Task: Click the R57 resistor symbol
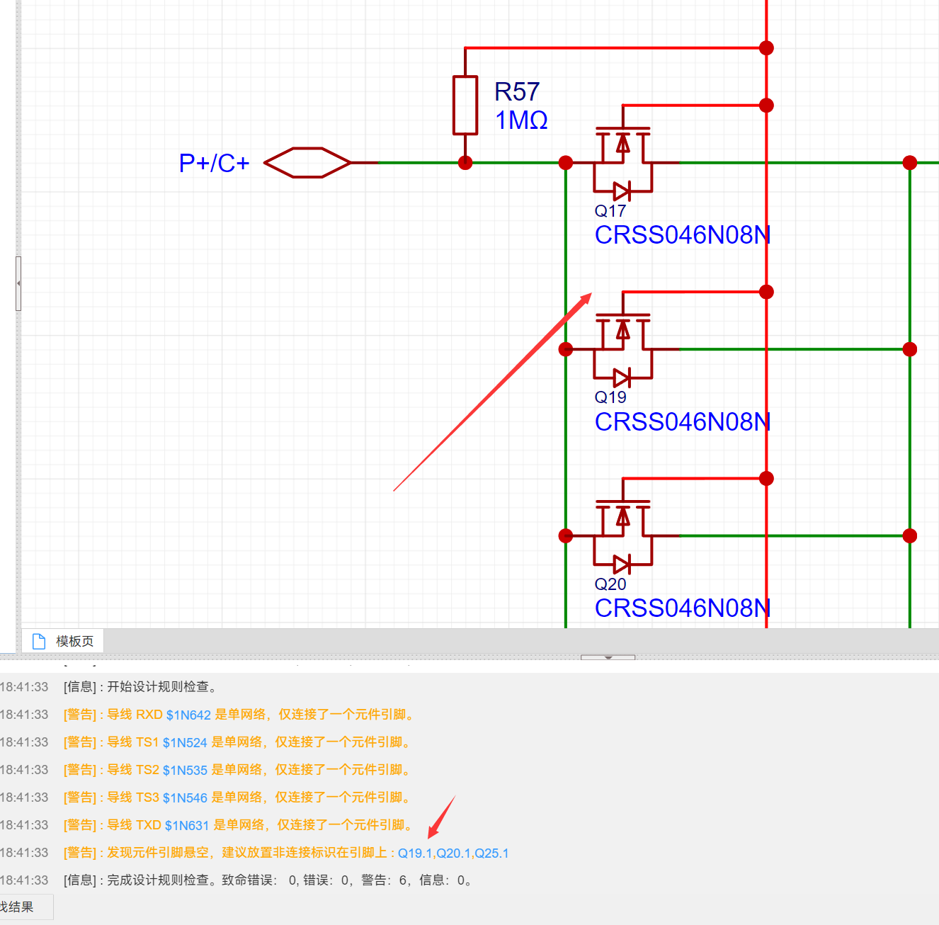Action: click(x=465, y=105)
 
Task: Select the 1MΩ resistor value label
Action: click(x=521, y=120)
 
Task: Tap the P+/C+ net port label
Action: click(x=214, y=164)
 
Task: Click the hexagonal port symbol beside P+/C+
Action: click(x=307, y=163)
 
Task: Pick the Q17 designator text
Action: click(x=610, y=211)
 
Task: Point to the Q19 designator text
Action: click(x=610, y=397)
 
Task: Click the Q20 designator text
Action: click(x=610, y=584)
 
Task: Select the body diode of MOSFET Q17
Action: click(x=622, y=191)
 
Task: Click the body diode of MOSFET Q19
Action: click(x=622, y=378)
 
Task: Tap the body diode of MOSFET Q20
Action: click(x=622, y=564)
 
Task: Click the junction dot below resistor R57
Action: click(x=465, y=163)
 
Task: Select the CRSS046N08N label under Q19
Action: click(x=682, y=422)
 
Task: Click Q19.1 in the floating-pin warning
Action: click(x=415, y=853)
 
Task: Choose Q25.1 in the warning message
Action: click(x=491, y=853)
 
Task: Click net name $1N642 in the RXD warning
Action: click(x=188, y=715)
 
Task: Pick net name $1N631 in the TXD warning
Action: click(x=187, y=826)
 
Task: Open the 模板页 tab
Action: click(x=74, y=641)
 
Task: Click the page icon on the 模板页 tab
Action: click(x=39, y=641)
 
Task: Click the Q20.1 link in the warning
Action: click(x=453, y=853)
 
